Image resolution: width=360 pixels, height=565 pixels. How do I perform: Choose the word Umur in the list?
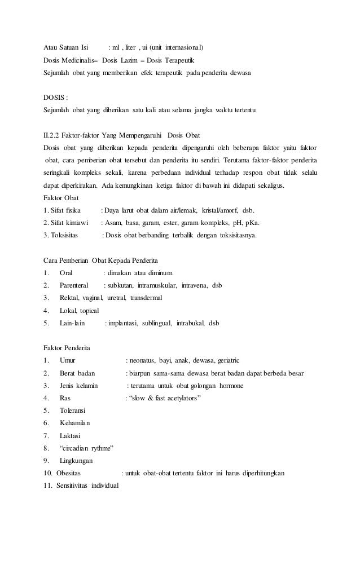(x=67, y=360)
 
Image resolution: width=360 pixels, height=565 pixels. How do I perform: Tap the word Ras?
(x=65, y=398)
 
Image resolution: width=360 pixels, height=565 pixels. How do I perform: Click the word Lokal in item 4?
(x=68, y=311)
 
